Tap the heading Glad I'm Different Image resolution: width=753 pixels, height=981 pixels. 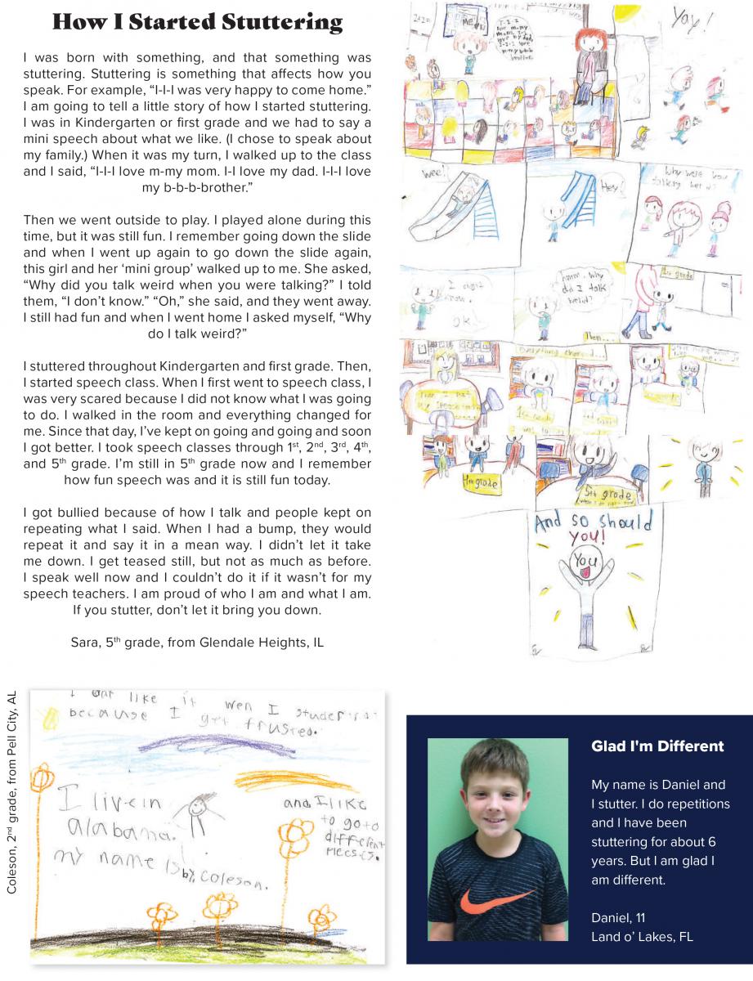[657, 746]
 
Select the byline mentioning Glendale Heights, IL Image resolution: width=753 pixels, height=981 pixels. [197, 643]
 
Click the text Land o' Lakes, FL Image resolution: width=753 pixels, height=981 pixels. [642, 937]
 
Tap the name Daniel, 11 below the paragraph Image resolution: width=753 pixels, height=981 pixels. [617, 918]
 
